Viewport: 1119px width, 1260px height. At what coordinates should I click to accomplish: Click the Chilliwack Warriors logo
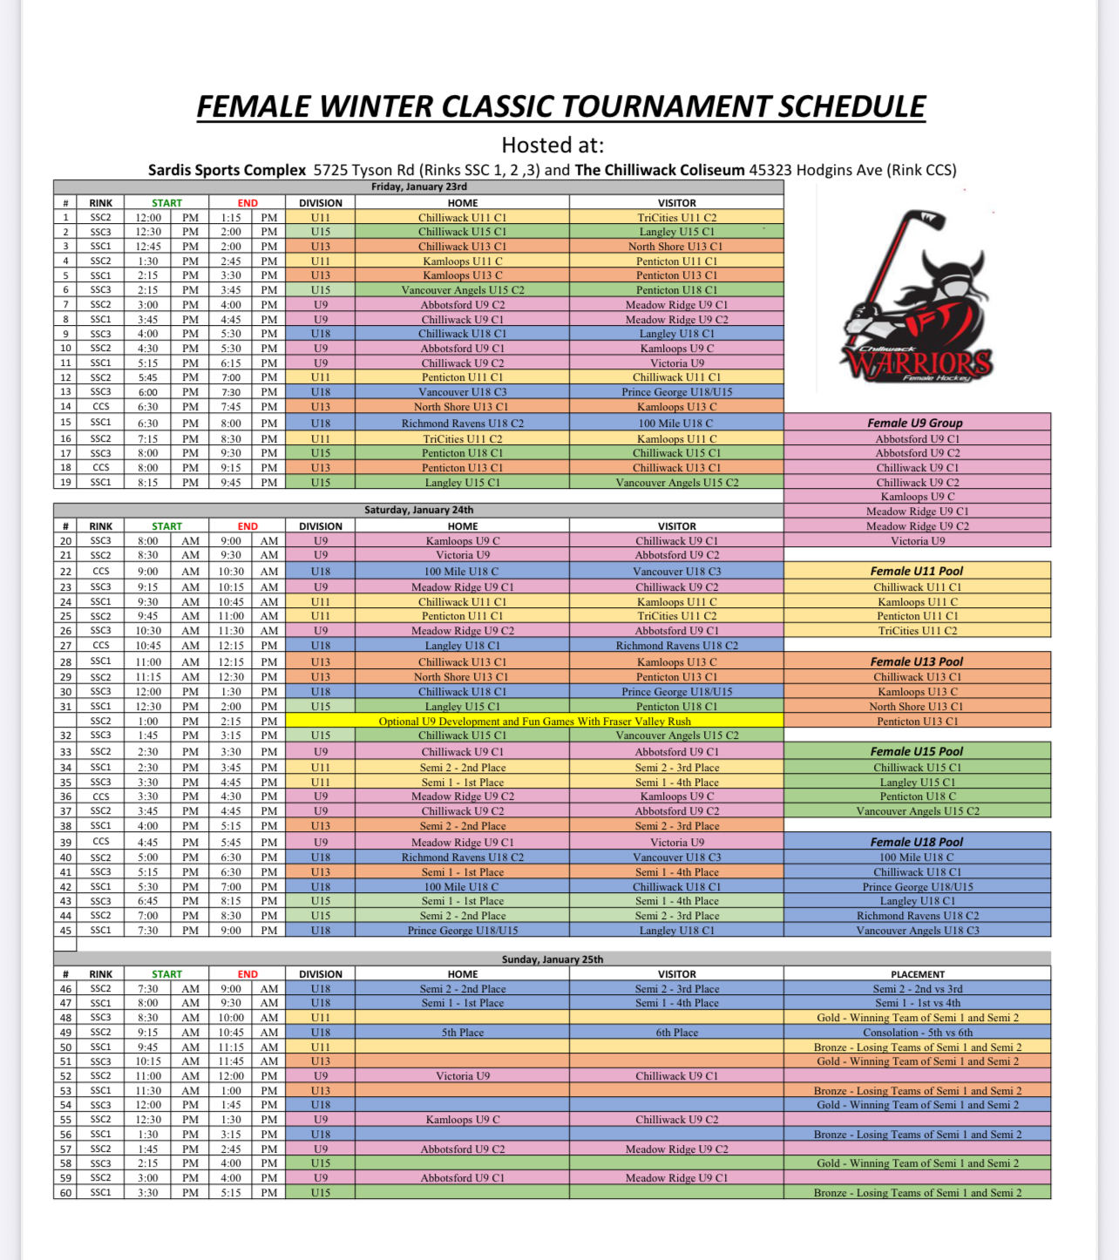pos(915,297)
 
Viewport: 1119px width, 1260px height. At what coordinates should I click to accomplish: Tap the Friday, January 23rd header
pos(418,186)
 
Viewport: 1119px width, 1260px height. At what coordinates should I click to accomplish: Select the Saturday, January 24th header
pos(418,510)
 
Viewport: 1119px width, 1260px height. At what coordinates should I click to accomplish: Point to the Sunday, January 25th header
pos(552,959)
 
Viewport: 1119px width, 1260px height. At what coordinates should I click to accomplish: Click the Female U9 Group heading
pos(915,423)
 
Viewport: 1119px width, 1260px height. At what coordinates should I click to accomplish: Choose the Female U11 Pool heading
pos(917,571)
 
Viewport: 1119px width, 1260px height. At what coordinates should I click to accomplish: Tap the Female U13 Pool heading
pos(917,661)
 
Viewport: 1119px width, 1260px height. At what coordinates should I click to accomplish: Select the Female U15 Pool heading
pos(917,751)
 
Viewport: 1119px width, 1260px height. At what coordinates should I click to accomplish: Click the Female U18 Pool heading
pos(917,842)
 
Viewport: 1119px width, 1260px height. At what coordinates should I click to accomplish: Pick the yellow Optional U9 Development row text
pos(534,721)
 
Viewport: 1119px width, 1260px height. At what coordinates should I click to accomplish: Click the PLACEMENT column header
pos(917,974)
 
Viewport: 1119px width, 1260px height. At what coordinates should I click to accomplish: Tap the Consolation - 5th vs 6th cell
pos(917,1033)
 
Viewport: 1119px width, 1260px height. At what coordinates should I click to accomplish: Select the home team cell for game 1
pos(462,218)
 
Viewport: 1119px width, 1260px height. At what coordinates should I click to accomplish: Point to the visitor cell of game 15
pos(676,423)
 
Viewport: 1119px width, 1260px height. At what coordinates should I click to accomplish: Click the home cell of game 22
pos(462,572)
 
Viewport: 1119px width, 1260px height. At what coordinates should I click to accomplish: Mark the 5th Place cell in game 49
pos(462,1033)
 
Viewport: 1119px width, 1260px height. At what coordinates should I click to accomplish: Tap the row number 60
pos(65,1193)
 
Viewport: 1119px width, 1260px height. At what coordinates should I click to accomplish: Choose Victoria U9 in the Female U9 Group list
pos(917,541)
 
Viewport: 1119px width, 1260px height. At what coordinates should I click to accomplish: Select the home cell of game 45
pos(462,931)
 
